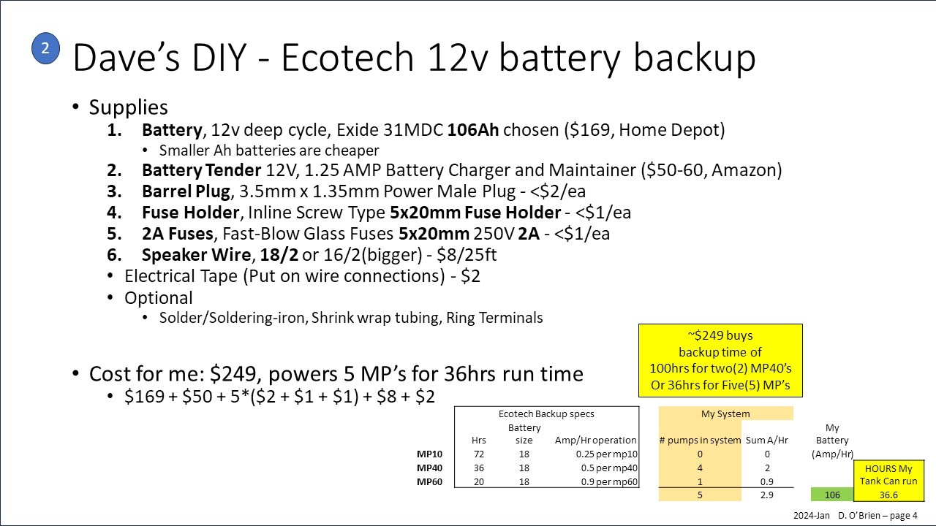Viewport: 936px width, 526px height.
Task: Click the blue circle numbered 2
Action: pyautogui.click(x=45, y=48)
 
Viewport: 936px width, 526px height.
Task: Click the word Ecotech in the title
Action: pyautogui.click(x=347, y=58)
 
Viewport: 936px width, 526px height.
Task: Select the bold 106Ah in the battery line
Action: pyautogui.click(x=473, y=130)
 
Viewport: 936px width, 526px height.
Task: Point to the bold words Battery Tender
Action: pyautogui.click(x=201, y=170)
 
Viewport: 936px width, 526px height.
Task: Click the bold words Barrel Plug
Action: pyautogui.click(x=186, y=191)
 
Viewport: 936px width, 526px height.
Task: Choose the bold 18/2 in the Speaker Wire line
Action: pyautogui.click(x=279, y=255)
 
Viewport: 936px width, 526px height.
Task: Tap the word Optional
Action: pyautogui.click(x=159, y=298)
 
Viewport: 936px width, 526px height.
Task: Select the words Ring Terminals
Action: pyautogui.click(x=494, y=318)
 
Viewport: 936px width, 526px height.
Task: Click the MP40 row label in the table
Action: pyautogui.click(x=429, y=468)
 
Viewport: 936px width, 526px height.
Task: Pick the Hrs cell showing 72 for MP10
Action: pyautogui.click(x=479, y=454)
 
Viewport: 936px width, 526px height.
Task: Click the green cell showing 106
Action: pyautogui.click(x=832, y=495)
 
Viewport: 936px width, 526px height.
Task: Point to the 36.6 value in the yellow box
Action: pyautogui.click(x=888, y=495)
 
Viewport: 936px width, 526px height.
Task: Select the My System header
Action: pyautogui.click(x=725, y=413)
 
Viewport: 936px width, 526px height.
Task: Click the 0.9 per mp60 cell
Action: pyautogui.click(x=609, y=482)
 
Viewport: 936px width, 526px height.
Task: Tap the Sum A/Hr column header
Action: pyautogui.click(x=767, y=440)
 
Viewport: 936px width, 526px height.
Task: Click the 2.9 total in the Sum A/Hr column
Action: pyautogui.click(x=767, y=495)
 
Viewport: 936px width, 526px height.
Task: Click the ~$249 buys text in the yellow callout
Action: pyautogui.click(x=720, y=335)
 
